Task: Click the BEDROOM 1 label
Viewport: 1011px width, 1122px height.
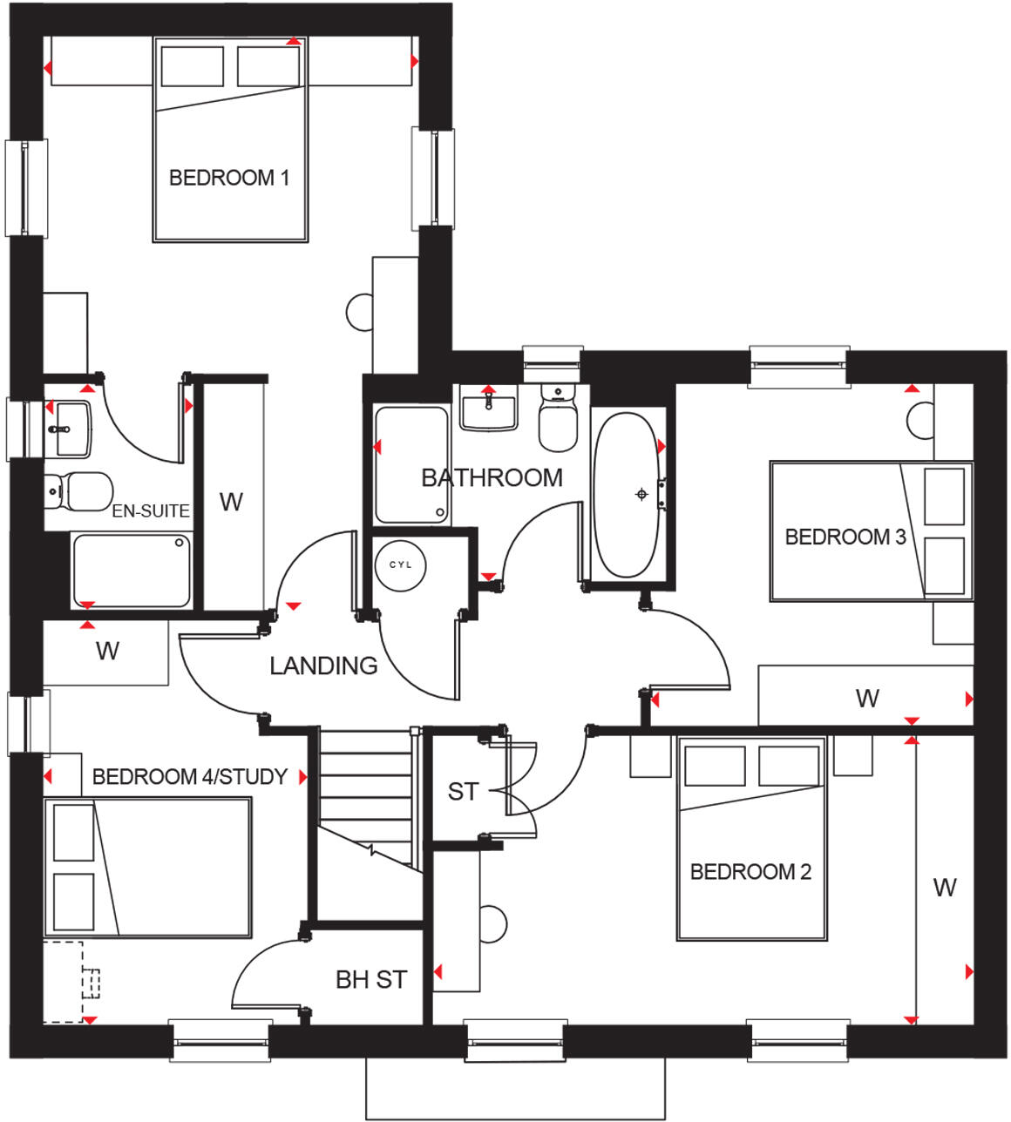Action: point(228,178)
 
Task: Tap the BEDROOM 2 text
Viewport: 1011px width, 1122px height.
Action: point(750,871)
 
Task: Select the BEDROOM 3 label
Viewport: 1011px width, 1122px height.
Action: point(845,537)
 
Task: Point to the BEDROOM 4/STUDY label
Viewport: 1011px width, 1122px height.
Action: point(189,776)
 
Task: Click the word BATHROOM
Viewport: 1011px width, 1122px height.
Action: point(492,477)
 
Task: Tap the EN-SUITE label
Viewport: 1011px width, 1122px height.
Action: point(151,511)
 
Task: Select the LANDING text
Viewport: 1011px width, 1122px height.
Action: point(323,666)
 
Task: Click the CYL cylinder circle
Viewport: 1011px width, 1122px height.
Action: point(400,564)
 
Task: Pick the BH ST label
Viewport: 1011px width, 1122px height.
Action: point(371,979)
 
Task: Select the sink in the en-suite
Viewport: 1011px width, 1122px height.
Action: point(68,429)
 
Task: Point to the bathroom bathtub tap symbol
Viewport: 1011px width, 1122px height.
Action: point(642,494)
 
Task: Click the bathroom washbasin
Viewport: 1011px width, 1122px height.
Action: point(489,409)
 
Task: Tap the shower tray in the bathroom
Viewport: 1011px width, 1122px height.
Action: point(411,464)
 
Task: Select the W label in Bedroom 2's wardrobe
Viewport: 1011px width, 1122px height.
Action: point(945,887)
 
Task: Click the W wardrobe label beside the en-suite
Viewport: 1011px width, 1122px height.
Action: point(231,502)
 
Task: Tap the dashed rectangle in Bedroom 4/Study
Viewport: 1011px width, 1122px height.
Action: point(64,981)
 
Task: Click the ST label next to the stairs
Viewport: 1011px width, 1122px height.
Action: point(463,791)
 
